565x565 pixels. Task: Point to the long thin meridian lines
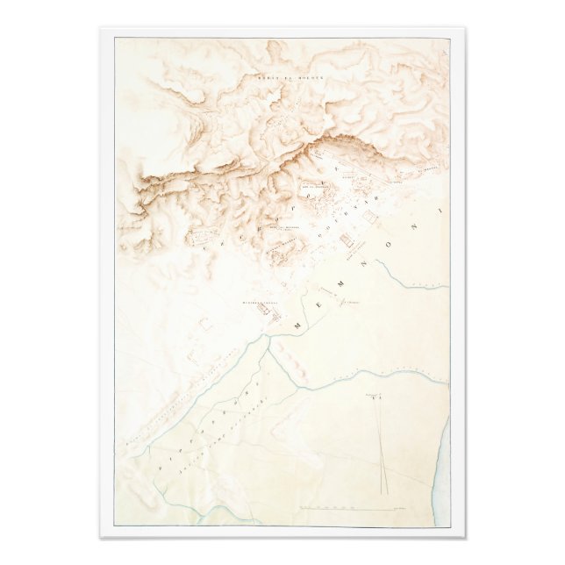pyautogui.click(x=382, y=447)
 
